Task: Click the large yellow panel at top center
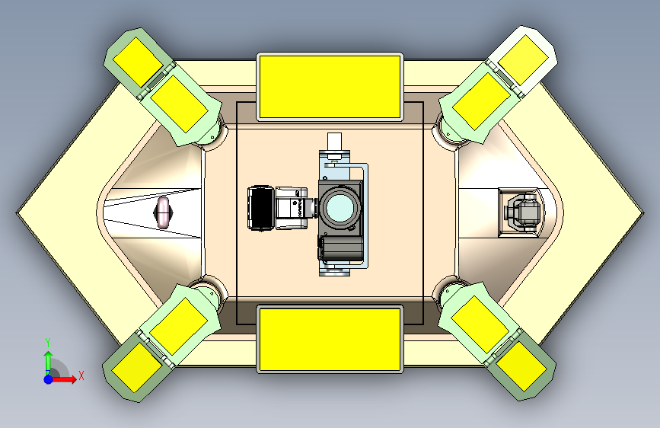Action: pos(330,87)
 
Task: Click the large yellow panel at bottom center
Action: pos(330,339)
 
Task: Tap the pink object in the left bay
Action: pos(164,212)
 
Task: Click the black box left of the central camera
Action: pos(261,208)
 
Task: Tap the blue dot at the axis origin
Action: pos(49,379)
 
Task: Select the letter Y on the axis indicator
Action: pos(48,342)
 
